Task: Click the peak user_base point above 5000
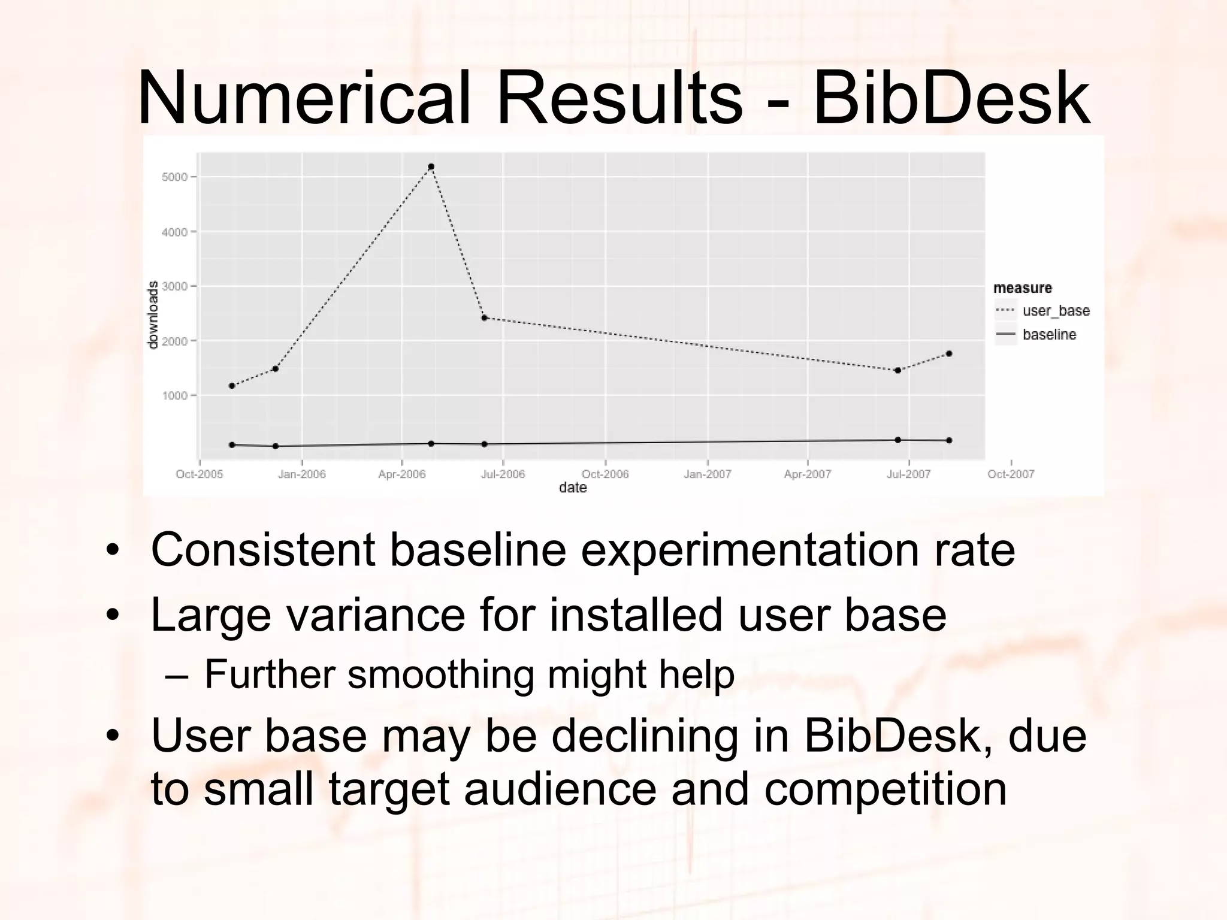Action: tap(431, 167)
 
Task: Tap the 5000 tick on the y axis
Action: tap(174, 177)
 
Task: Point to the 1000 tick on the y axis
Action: tap(174, 396)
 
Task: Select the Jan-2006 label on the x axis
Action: tap(301, 474)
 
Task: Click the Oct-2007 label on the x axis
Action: tap(1011, 474)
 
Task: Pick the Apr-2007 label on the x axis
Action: tap(807, 474)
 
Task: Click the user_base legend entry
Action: tap(1056, 311)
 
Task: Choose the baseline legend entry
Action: tap(1049, 335)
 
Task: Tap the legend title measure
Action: tap(1022, 288)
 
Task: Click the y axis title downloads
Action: tap(153, 315)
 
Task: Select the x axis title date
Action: tap(573, 488)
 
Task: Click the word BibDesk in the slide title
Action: tap(951, 98)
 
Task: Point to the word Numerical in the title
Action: tap(303, 98)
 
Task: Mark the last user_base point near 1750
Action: tap(949, 354)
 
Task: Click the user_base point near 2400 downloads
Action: tap(484, 318)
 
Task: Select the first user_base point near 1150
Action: tap(232, 386)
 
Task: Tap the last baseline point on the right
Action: tap(949, 441)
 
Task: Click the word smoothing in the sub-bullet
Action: tap(440, 674)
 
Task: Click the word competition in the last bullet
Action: tap(885, 788)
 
